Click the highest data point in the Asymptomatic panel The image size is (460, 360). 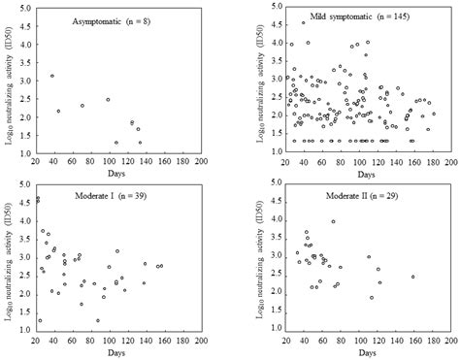pos(51,76)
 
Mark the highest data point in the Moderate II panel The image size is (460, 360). pos(333,222)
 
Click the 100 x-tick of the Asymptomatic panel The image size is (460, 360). pos(108,163)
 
